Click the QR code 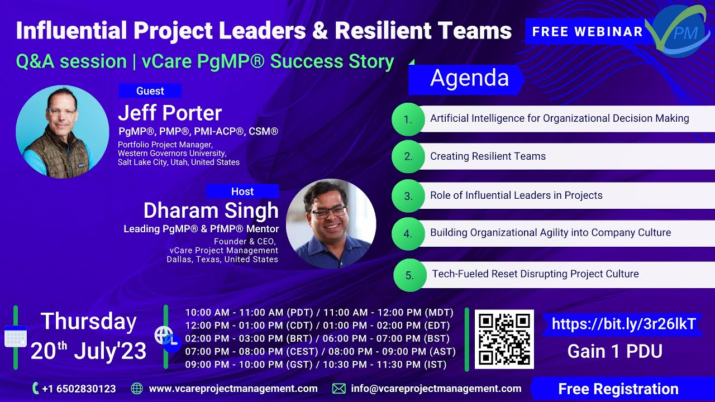(x=504, y=339)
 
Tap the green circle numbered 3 (x=408, y=196)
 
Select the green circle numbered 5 (x=410, y=275)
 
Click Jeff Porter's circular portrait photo (x=62, y=132)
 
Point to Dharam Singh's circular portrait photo (x=331, y=223)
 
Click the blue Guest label (x=150, y=91)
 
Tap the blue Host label (x=242, y=192)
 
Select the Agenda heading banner (x=466, y=79)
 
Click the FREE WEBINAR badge (x=587, y=32)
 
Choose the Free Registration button (x=618, y=389)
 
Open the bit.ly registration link (x=623, y=324)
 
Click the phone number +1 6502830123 (x=79, y=389)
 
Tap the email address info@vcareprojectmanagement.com (x=436, y=389)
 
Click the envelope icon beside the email (x=339, y=389)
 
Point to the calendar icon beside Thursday (x=15, y=337)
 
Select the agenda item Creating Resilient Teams (x=488, y=156)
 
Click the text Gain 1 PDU (x=614, y=351)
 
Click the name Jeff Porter (x=170, y=113)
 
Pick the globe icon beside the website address (x=137, y=389)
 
